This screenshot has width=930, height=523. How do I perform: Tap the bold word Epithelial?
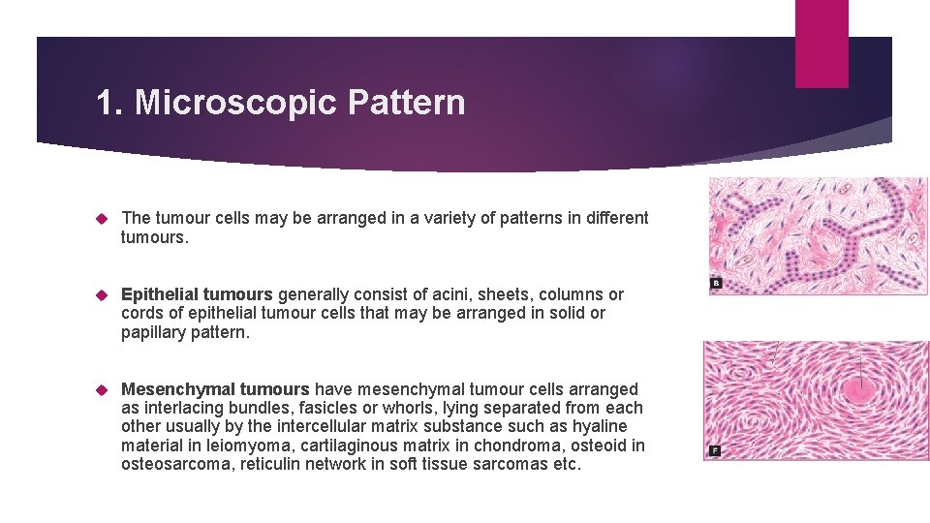(161, 294)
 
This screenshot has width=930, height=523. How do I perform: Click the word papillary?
(153, 332)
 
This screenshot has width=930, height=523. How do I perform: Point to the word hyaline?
(600, 426)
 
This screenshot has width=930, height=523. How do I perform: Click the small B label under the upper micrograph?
(716, 284)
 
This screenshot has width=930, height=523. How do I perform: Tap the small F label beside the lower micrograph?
(715, 450)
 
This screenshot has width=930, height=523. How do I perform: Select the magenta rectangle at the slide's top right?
(821, 43)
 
